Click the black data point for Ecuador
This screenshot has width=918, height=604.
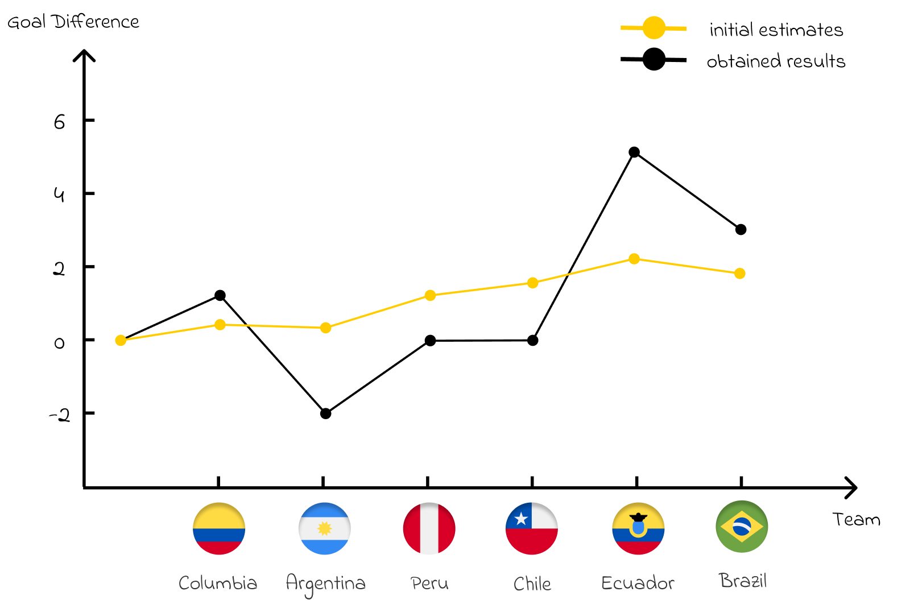pos(634,152)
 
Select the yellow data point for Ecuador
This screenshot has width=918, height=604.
pos(634,259)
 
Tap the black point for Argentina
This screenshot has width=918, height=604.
pos(325,413)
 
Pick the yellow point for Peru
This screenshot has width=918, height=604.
pos(430,295)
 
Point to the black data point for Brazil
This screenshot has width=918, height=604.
pos(741,230)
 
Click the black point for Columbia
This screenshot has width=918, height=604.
pos(220,295)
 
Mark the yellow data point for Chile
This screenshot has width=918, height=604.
pos(532,283)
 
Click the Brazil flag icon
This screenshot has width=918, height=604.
pos(742,527)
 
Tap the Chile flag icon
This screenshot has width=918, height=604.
pos(532,528)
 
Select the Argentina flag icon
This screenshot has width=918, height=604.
pos(325,528)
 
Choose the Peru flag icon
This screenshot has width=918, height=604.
pos(429,528)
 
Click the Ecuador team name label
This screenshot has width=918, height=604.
pos(638,583)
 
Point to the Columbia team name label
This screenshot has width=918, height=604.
pos(218,583)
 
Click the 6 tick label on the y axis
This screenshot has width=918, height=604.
pos(60,122)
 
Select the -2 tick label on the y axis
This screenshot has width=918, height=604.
pos(60,416)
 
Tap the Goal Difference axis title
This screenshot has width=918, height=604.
pos(73,22)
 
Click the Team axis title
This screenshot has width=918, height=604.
pos(856,519)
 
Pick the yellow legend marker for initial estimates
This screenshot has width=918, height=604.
pos(654,28)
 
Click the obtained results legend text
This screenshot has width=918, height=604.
pos(776,61)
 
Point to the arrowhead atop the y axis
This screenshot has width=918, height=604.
pos(84,54)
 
